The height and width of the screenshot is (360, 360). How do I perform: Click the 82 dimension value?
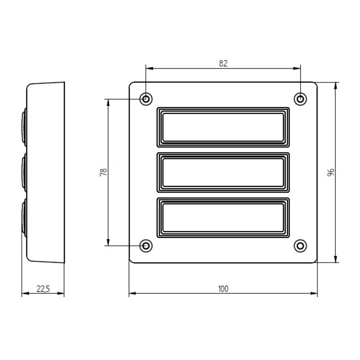tap(223, 63)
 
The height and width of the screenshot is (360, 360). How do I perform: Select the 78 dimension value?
tap(103, 172)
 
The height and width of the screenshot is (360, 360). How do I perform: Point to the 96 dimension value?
tap(330, 172)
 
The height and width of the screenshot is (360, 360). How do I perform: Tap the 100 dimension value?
tap(223, 289)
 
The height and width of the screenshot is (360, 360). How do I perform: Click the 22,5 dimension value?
tap(43, 289)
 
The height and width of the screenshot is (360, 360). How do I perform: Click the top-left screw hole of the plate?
tap(146, 99)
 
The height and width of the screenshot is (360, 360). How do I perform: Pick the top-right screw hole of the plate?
tap(300, 99)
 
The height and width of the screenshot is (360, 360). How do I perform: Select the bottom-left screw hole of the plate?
tap(146, 246)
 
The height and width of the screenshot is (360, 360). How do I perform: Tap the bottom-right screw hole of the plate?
tap(300, 246)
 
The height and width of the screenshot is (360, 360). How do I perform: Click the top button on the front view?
tap(223, 127)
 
